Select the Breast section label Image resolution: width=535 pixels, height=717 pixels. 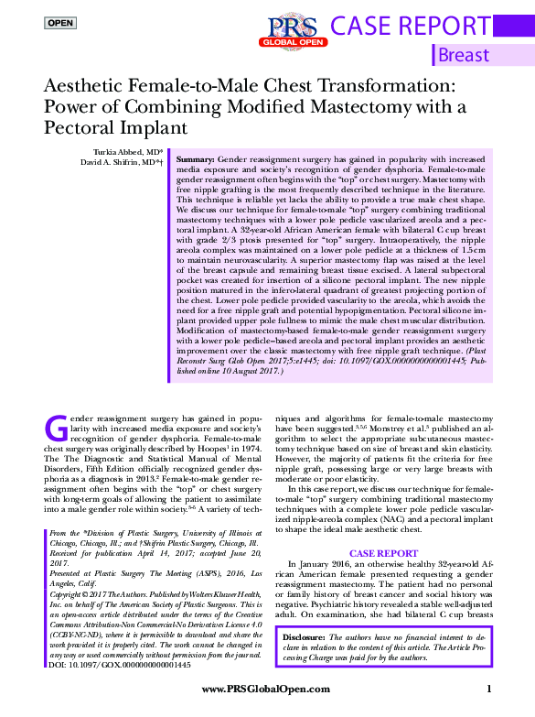464,56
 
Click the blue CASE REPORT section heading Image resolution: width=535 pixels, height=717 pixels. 384,554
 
